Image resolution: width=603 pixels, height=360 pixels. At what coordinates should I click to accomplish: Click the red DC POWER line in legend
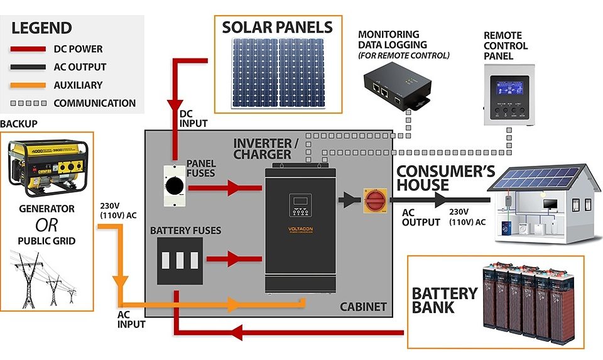28,49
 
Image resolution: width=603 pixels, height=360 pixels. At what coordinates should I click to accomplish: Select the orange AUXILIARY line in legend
28,85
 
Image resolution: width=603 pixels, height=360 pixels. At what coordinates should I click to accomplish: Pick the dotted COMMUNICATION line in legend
28,103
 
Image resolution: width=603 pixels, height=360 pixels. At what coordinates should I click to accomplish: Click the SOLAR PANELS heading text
277,28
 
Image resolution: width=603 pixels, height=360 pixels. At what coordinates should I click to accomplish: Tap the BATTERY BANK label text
445,300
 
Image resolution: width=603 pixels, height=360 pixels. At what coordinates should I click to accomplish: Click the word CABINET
363,307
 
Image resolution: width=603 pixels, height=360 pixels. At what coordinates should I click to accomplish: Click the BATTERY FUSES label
185,231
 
